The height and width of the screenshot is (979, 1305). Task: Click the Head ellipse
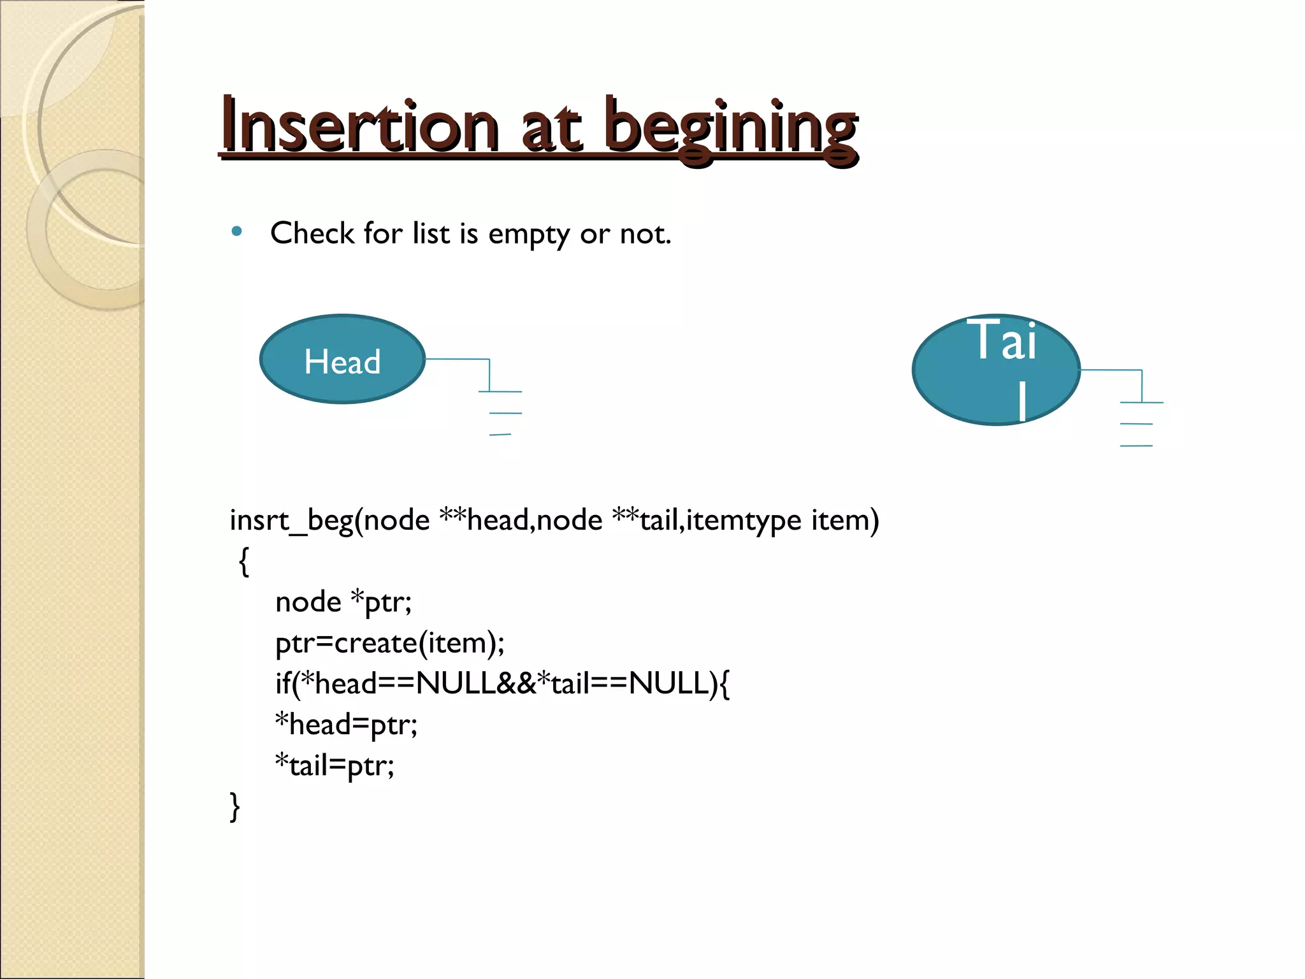tap(342, 359)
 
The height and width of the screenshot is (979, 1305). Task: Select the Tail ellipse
tap(996, 370)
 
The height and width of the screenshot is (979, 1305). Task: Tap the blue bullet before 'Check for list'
tap(237, 232)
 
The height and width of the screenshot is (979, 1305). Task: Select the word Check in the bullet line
tap(312, 233)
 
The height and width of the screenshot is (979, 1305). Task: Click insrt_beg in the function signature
tap(291, 521)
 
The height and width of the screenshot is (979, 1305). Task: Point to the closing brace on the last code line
tap(234, 806)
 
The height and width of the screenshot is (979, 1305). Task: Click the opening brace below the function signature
tap(243, 562)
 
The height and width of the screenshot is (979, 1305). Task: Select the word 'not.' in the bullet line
tap(645, 234)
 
